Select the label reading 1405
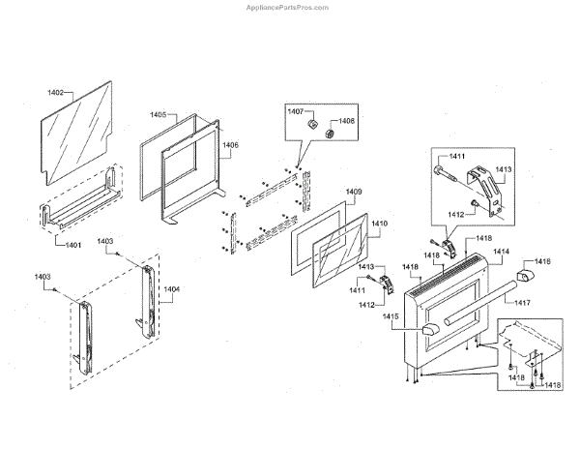point(159,115)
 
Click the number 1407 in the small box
point(296,112)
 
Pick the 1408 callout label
point(347,122)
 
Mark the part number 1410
point(379,224)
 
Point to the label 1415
point(391,317)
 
